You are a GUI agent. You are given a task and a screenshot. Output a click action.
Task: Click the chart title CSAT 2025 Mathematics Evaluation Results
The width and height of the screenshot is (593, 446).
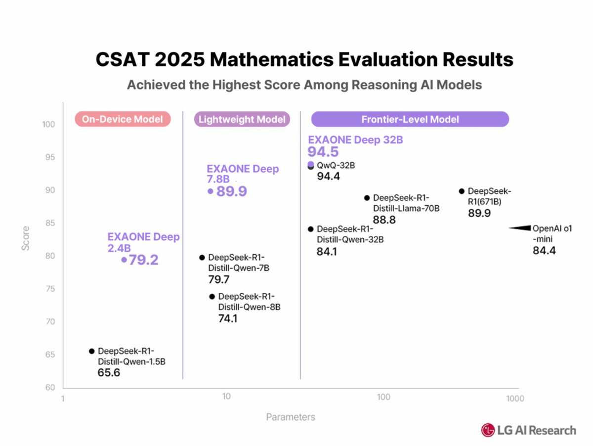[x=304, y=59]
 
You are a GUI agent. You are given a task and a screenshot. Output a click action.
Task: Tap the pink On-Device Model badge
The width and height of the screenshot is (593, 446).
[x=123, y=119]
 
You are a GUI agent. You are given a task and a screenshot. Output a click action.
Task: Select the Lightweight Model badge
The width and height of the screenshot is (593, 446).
[x=242, y=119]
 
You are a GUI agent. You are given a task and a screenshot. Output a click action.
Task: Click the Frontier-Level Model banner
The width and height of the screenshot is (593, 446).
[x=410, y=119]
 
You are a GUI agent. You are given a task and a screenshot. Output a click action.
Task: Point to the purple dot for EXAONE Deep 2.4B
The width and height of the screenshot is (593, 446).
[x=124, y=260]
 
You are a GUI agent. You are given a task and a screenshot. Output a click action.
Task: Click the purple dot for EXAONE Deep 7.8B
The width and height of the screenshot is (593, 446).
[x=211, y=191]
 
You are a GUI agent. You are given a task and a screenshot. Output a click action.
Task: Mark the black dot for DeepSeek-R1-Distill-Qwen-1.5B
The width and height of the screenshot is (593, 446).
[x=91, y=351]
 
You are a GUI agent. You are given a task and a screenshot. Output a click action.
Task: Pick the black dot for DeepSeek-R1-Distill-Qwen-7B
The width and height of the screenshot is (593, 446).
[x=202, y=257]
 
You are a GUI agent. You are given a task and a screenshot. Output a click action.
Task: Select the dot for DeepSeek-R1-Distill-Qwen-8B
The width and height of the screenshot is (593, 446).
[x=212, y=297]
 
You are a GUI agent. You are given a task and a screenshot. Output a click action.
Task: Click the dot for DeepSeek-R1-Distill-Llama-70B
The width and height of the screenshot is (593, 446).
[x=367, y=198]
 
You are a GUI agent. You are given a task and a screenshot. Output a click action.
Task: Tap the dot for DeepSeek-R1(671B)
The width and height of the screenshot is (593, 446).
[x=462, y=191]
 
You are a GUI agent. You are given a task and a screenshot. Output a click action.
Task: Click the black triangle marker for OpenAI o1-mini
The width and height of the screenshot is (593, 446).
[x=519, y=228]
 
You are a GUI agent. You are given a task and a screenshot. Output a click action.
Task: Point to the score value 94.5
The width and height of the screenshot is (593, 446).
[x=323, y=152]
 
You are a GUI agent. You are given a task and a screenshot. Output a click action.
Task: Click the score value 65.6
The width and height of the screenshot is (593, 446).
[x=109, y=372]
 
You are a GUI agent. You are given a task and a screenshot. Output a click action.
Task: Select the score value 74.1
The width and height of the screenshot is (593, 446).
[x=228, y=319]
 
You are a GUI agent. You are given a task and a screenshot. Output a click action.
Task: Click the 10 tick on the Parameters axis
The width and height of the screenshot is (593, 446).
[x=226, y=397]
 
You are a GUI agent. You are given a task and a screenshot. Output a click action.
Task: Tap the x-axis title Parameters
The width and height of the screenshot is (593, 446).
[x=291, y=417]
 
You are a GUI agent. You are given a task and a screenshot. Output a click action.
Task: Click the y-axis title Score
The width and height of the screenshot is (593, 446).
[x=26, y=238]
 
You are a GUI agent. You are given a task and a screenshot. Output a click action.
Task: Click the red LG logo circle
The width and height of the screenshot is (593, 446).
[x=488, y=430]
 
